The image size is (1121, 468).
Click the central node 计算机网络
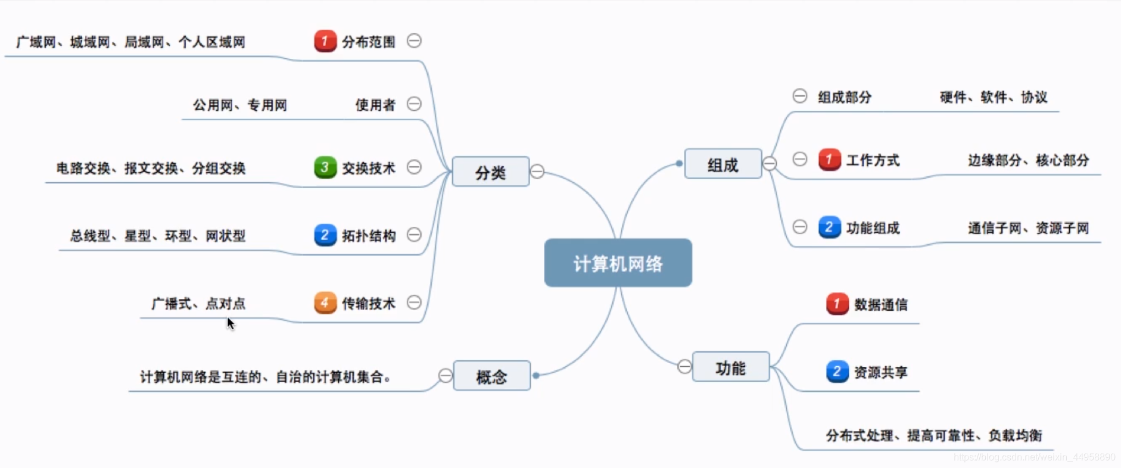(x=618, y=263)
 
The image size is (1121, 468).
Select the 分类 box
(x=490, y=172)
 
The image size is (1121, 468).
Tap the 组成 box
(x=723, y=164)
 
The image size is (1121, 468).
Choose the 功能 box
(x=730, y=367)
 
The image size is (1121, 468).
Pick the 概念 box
(x=491, y=376)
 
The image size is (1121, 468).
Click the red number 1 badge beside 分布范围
(x=325, y=41)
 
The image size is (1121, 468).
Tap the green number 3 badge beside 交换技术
(x=325, y=167)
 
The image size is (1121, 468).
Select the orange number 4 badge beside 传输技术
(x=325, y=302)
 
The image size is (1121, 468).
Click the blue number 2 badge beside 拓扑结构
(x=325, y=235)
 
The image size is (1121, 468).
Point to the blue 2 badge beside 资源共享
(x=837, y=372)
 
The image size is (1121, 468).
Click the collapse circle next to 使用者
(x=414, y=104)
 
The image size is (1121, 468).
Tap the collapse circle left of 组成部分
(x=800, y=96)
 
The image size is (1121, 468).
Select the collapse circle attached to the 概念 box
(x=445, y=376)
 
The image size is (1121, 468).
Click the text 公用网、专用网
(x=239, y=105)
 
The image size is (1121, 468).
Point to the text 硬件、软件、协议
(x=993, y=97)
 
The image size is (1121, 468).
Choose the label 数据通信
(x=880, y=304)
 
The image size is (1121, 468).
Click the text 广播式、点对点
(x=198, y=304)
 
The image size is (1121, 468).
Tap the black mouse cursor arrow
(x=231, y=323)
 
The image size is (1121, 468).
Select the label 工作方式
(x=873, y=160)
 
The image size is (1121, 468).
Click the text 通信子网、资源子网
(x=1028, y=228)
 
